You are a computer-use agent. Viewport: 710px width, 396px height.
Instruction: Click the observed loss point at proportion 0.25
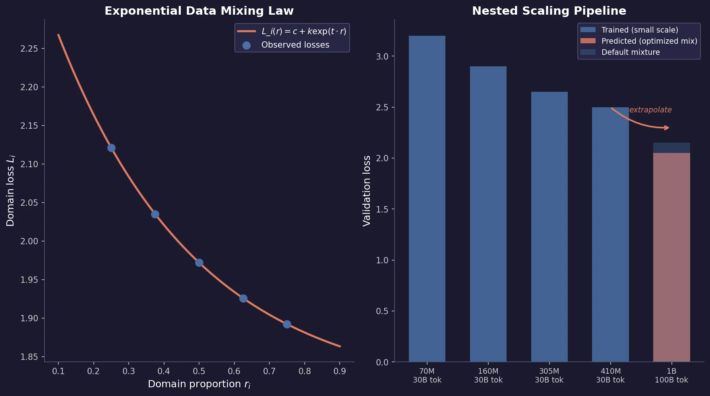[111, 148]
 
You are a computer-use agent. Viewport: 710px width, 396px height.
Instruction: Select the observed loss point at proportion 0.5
[199, 263]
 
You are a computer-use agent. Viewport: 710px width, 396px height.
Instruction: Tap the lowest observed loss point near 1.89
[287, 324]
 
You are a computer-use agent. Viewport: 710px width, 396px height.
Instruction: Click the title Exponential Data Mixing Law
[199, 11]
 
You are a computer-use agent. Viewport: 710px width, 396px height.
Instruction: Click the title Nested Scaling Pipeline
[549, 11]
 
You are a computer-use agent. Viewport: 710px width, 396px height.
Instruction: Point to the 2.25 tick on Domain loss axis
[32, 49]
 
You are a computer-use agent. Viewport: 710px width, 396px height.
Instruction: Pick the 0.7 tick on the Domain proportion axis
[269, 371]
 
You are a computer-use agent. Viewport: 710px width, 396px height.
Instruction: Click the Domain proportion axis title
[199, 384]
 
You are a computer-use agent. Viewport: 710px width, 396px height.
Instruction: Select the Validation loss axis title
[366, 191]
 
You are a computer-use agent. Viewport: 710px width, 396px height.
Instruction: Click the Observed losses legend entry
[295, 45]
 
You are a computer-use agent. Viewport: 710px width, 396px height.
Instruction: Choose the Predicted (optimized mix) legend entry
[649, 41]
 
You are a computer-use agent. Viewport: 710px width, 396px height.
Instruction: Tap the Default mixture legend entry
[630, 52]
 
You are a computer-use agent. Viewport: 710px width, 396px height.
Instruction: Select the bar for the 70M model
[427, 199]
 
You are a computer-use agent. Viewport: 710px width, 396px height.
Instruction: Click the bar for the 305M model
[549, 226]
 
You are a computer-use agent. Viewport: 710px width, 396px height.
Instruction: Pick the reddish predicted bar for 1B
[671, 258]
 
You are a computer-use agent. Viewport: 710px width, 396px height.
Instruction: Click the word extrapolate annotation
[650, 110]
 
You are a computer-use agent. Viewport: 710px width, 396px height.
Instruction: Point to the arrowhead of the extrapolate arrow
[667, 127]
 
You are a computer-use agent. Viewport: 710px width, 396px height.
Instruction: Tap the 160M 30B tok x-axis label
[488, 375]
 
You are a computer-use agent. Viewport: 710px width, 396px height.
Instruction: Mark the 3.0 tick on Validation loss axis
[382, 56]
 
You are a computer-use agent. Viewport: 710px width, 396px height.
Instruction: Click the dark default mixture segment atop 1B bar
[671, 148]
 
